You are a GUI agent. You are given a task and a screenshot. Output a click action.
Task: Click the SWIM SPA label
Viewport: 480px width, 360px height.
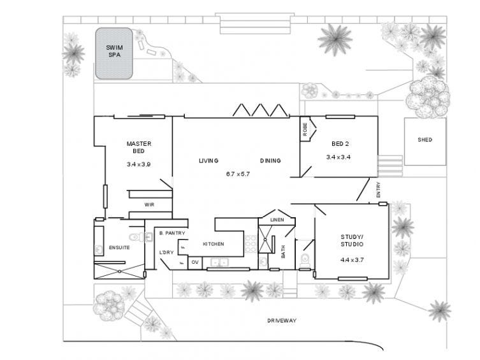pyautogui.click(x=115, y=50)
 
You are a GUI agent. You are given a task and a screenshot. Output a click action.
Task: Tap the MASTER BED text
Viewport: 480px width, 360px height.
pyautogui.click(x=138, y=147)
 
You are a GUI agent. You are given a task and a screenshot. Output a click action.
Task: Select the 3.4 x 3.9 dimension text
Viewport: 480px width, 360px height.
pyautogui.click(x=138, y=164)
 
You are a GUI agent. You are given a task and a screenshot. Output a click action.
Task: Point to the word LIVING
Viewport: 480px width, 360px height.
pyautogui.click(x=208, y=161)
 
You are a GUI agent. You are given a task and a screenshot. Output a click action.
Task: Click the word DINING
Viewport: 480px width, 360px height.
pyautogui.click(x=270, y=161)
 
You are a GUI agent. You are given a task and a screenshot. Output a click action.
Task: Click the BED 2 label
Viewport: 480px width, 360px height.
pyautogui.click(x=338, y=143)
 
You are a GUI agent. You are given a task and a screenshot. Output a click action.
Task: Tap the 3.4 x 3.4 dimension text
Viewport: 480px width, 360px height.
pyautogui.click(x=338, y=157)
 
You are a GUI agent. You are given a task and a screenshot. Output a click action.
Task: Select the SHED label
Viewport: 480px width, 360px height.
pyautogui.click(x=425, y=140)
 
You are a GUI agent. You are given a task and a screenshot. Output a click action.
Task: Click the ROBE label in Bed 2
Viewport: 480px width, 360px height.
pyautogui.click(x=305, y=130)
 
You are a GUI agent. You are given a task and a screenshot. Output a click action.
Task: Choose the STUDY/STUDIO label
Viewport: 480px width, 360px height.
pyautogui.click(x=351, y=240)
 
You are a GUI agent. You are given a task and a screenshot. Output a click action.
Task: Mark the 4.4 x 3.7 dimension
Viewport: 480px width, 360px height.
pyautogui.click(x=351, y=260)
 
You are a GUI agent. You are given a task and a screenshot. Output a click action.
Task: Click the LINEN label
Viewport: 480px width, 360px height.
pyautogui.click(x=276, y=220)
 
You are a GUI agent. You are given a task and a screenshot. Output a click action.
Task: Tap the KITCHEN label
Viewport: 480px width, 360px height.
pyautogui.click(x=213, y=244)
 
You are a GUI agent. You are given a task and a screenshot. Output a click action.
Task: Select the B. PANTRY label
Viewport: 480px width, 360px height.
pyautogui.click(x=171, y=233)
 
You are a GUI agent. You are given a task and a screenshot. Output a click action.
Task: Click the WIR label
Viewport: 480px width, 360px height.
pyautogui.click(x=149, y=205)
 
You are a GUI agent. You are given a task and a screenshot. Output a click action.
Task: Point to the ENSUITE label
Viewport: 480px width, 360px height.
pyautogui.click(x=119, y=247)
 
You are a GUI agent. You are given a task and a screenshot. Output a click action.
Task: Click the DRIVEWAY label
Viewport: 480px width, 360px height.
pyautogui.click(x=282, y=320)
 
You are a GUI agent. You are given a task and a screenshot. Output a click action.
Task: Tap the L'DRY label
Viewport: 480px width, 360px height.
pyautogui.click(x=166, y=253)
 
